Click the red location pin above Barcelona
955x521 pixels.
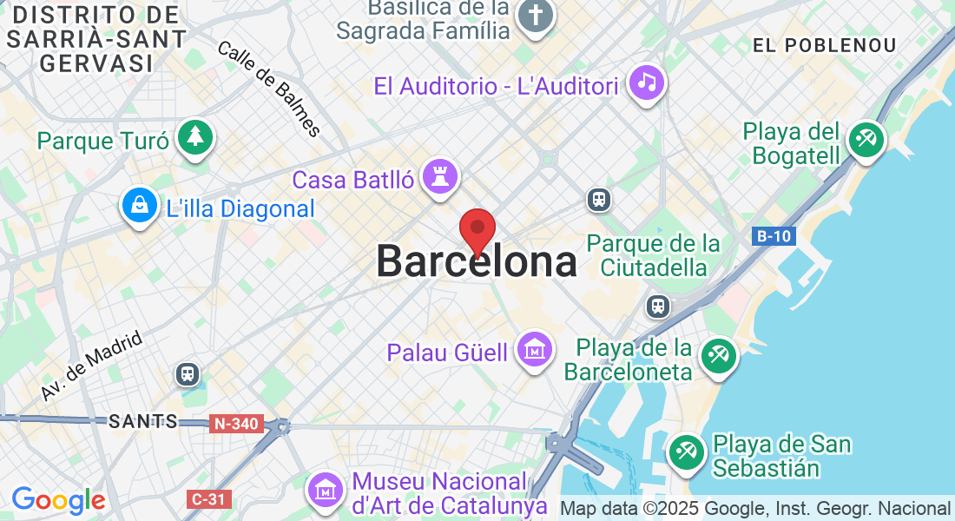477,230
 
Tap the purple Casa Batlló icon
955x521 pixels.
439,176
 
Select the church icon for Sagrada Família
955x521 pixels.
536,16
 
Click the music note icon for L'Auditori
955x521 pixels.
646,82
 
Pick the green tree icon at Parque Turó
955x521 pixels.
195,137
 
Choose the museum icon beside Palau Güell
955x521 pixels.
535,349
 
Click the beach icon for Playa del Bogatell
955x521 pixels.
866,139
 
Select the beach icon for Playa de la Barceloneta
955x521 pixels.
719,355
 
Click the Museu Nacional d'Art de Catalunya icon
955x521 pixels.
326,490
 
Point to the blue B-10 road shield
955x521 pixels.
772,236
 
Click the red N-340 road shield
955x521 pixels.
235,424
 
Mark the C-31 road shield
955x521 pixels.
208,498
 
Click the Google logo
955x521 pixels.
58,500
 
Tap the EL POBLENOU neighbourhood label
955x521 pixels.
824,45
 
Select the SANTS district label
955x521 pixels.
143,422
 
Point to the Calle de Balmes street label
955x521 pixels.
269,89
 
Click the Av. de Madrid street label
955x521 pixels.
90,368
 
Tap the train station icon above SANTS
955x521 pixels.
188,374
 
